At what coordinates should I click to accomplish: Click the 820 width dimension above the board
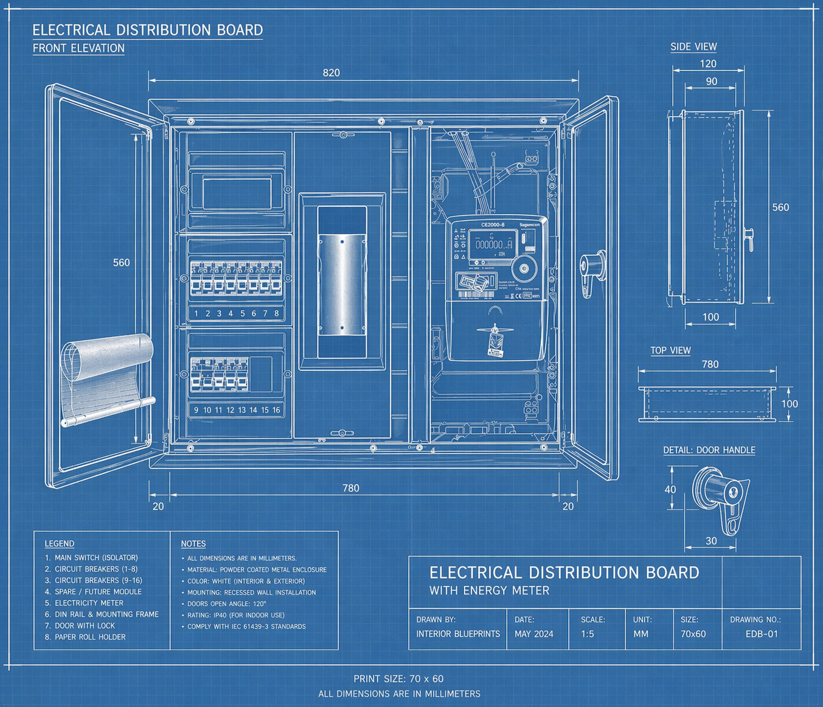click(331, 73)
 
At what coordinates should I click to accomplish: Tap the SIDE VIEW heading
click(693, 47)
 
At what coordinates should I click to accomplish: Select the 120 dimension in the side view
click(708, 64)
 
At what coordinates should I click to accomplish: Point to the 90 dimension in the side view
click(711, 82)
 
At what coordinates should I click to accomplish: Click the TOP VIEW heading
click(670, 350)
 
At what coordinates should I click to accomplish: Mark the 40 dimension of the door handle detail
click(670, 489)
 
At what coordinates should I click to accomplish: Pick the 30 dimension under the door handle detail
click(711, 541)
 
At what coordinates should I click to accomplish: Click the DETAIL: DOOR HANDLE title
click(709, 450)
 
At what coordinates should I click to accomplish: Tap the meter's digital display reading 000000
click(493, 244)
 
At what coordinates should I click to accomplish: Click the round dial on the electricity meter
click(523, 267)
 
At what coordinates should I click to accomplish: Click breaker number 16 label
click(276, 410)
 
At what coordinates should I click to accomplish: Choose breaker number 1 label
click(196, 313)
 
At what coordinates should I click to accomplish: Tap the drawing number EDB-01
click(762, 634)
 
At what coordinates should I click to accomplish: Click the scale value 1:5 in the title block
click(587, 634)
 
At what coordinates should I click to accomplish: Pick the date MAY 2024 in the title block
click(533, 634)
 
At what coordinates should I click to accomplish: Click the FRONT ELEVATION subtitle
click(78, 48)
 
